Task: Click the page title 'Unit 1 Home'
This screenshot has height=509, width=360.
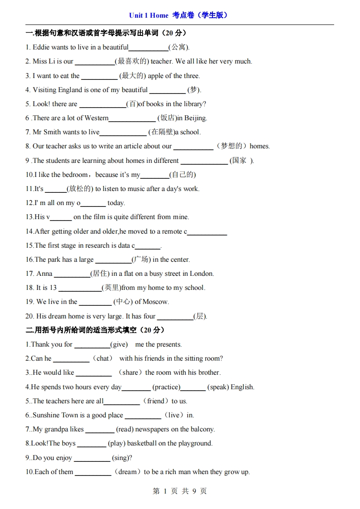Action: pos(148,15)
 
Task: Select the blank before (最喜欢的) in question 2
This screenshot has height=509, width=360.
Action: pos(94,62)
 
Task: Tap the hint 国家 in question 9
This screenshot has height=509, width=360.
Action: pos(239,160)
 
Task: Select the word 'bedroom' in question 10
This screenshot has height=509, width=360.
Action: pos(75,175)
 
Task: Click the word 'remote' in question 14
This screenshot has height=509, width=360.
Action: pos(172,231)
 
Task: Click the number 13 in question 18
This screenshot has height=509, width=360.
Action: pos(53,288)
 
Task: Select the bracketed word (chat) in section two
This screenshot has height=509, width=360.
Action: pos(103,358)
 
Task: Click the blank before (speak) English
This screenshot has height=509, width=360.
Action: pos(193,387)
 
